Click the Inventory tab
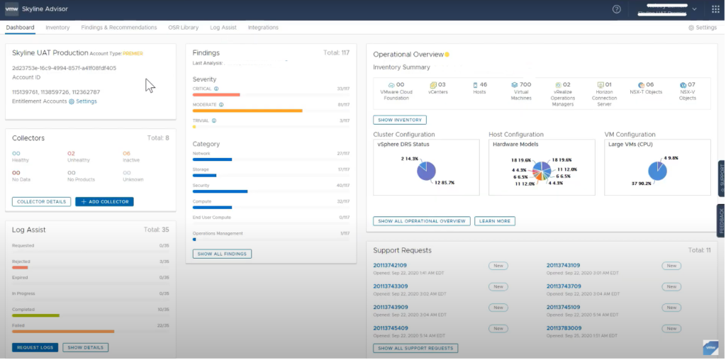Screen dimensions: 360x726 57,28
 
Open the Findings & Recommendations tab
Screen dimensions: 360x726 119,28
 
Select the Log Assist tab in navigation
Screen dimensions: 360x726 223,28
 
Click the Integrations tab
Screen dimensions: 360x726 263,28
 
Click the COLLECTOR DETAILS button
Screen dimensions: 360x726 41,202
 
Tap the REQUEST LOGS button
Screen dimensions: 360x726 35,347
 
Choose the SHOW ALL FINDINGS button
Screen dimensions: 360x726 222,254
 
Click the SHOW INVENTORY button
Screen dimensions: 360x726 399,120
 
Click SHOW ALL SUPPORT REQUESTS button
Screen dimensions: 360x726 415,348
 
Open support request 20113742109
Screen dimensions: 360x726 390,266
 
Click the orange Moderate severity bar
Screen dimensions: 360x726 247,111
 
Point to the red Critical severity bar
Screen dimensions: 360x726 216,94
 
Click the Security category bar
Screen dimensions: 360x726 220,191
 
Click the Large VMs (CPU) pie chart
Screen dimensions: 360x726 657,171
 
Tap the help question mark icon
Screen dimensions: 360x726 617,9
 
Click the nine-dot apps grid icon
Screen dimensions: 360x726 715,9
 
